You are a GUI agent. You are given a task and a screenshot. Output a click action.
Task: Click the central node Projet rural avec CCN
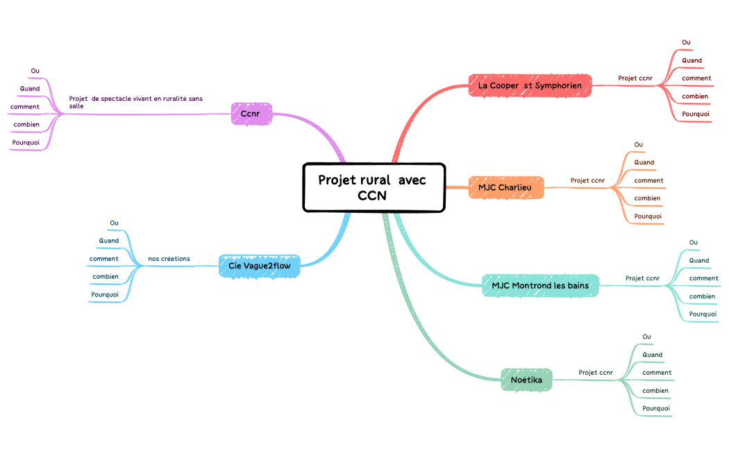[x=373, y=187]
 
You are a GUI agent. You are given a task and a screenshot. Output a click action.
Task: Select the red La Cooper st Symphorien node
[x=530, y=86]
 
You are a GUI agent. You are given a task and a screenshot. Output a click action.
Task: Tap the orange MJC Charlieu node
[x=506, y=187]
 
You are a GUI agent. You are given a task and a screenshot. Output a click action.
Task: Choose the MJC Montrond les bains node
[x=539, y=285]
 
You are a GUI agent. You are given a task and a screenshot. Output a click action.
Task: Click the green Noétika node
[x=526, y=380]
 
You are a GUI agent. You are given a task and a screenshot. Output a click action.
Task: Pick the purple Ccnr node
[x=250, y=113]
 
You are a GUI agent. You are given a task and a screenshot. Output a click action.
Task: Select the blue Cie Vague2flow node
[x=260, y=266]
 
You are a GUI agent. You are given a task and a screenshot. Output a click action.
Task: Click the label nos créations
[x=169, y=259]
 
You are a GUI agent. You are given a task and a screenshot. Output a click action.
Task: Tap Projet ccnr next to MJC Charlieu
[x=587, y=181]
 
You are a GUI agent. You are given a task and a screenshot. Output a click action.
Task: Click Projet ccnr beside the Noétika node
[x=596, y=373]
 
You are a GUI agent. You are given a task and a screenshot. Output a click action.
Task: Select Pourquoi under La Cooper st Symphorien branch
[x=695, y=113]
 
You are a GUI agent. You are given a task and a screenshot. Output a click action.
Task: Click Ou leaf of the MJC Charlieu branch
[x=638, y=145]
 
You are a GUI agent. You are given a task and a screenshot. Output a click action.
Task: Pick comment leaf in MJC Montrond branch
[x=703, y=278]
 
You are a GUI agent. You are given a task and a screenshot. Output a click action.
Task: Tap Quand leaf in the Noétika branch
[x=652, y=355]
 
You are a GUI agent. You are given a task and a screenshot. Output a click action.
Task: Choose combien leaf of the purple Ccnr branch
[x=26, y=124]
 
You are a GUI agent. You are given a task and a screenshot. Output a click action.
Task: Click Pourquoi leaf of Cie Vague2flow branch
[x=105, y=294]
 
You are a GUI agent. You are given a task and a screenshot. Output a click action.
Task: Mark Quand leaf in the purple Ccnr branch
[x=30, y=88]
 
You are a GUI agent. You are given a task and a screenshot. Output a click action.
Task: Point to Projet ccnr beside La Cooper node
[x=635, y=78]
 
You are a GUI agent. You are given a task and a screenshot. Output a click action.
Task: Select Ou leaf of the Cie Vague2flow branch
[x=114, y=223]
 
